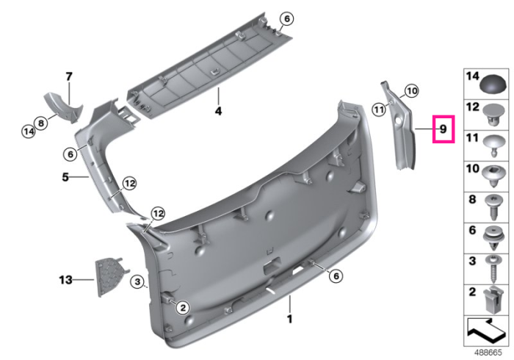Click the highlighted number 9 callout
(x=444, y=129)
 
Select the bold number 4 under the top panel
(x=218, y=111)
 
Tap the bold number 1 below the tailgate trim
(x=289, y=319)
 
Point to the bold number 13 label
(x=65, y=280)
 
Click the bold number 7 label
(x=68, y=76)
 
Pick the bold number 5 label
(x=65, y=177)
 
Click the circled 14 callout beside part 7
(x=29, y=132)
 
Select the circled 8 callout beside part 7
(x=40, y=123)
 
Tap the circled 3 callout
(x=137, y=281)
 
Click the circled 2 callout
(x=183, y=308)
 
